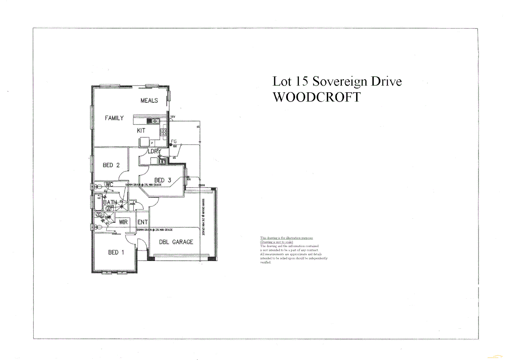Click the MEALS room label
149,100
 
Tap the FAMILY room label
114,118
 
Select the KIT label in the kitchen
141,131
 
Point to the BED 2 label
111,165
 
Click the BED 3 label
163,180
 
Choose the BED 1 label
116,252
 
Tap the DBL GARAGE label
176,242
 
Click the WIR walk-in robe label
123,222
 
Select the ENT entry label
142,222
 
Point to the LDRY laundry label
154,151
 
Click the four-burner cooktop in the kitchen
163,132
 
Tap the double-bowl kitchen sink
154,121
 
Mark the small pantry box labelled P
152,143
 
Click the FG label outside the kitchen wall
174,142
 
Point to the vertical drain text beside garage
203,217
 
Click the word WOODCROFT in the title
316,97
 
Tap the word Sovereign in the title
339,81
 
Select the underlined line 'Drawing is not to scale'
276,242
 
